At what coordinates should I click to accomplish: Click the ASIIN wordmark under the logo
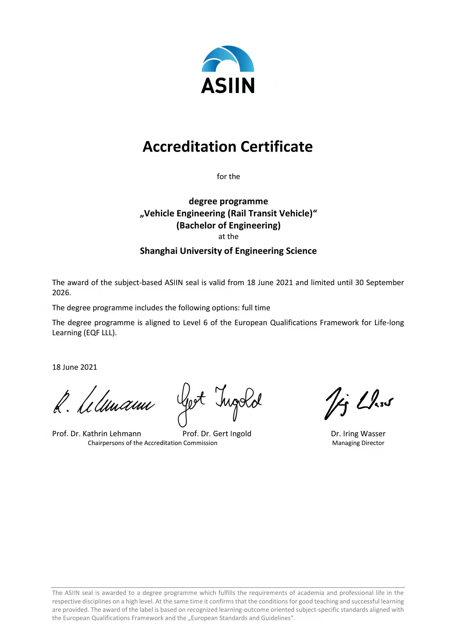228,86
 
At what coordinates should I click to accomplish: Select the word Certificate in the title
276,147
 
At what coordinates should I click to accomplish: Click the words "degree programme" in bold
228,201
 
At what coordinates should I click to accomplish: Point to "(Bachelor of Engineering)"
228,225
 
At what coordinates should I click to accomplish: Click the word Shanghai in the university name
158,251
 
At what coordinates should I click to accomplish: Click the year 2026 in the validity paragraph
61,293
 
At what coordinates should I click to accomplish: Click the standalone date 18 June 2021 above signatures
74,367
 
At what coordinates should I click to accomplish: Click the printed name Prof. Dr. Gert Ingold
217,434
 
